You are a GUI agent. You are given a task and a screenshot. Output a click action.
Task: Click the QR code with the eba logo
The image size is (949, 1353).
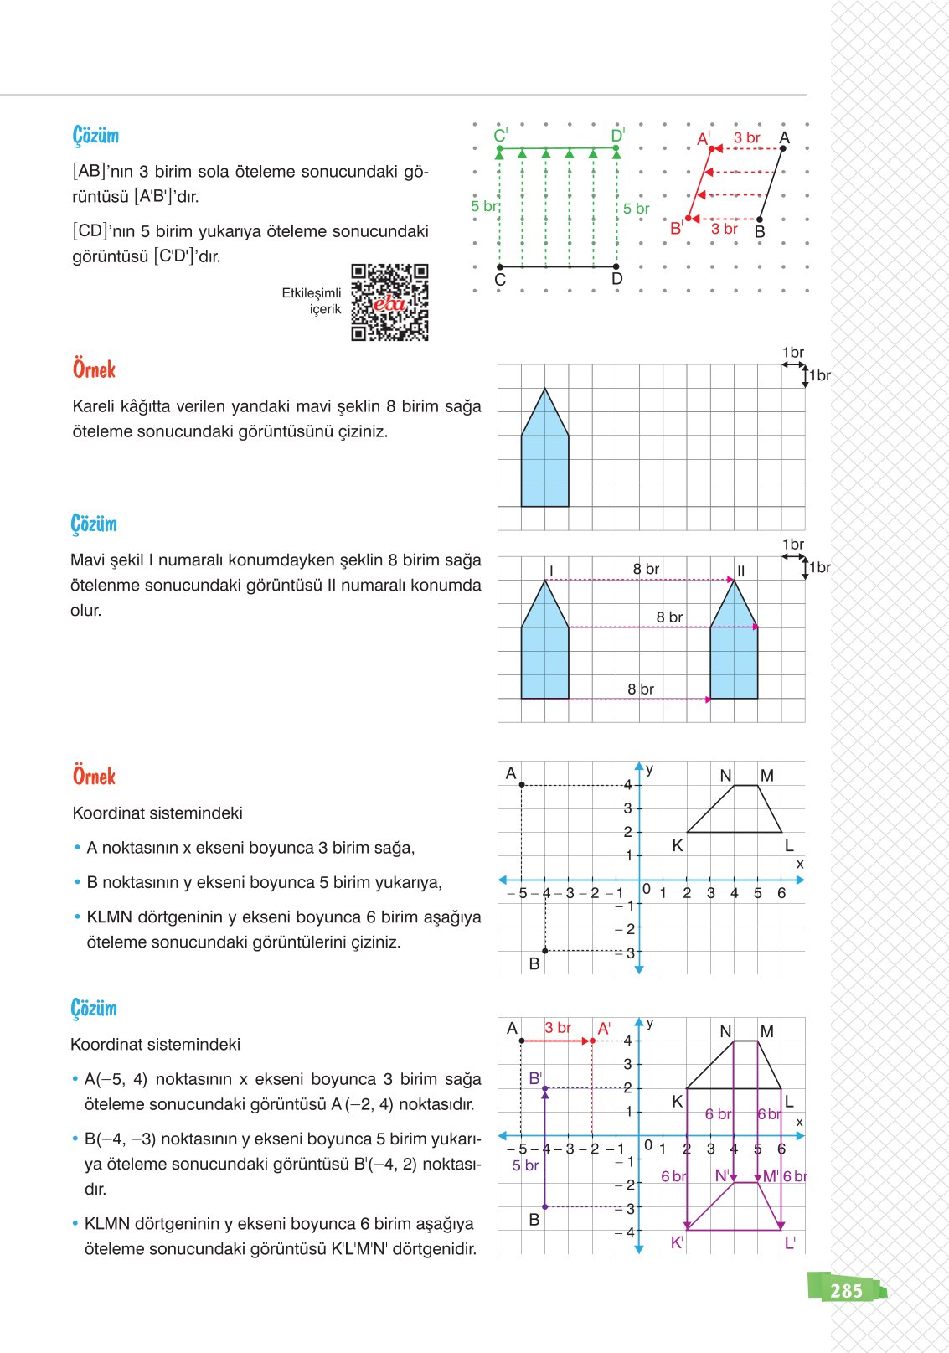click(389, 302)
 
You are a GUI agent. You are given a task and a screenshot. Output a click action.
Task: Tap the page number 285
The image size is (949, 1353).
click(846, 1290)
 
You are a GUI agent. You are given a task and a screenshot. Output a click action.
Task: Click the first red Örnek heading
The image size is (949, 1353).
click(94, 369)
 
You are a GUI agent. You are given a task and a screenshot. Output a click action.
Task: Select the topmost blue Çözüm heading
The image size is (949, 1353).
click(95, 136)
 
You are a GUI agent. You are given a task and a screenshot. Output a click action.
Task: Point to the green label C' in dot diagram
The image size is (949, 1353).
click(500, 136)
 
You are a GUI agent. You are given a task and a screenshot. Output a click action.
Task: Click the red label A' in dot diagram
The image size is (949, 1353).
click(704, 138)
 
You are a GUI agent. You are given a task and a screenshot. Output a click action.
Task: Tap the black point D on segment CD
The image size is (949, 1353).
click(616, 267)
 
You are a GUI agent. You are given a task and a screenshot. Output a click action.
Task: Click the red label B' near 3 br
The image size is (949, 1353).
click(676, 228)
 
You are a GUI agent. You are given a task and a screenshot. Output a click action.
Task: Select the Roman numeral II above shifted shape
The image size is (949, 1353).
click(740, 571)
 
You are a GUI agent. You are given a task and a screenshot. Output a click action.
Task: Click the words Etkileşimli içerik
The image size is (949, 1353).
click(312, 301)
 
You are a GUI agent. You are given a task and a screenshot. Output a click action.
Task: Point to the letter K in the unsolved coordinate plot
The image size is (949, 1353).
click(677, 846)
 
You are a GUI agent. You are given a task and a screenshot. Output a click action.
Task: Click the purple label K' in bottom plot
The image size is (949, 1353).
click(677, 1243)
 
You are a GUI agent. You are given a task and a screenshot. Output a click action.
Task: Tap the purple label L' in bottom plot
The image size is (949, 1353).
click(789, 1243)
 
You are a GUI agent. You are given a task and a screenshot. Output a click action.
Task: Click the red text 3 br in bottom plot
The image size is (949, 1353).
click(557, 1028)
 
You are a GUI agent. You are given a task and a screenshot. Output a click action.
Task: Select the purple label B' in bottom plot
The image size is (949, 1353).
click(535, 1078)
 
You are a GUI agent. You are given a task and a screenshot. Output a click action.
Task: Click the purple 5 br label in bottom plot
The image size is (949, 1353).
click(525, 1165)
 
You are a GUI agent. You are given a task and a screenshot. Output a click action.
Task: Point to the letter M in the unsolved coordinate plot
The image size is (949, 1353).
click(766, 776)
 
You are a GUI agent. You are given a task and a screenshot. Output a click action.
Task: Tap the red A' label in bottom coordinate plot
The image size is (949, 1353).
click(604, 1028)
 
